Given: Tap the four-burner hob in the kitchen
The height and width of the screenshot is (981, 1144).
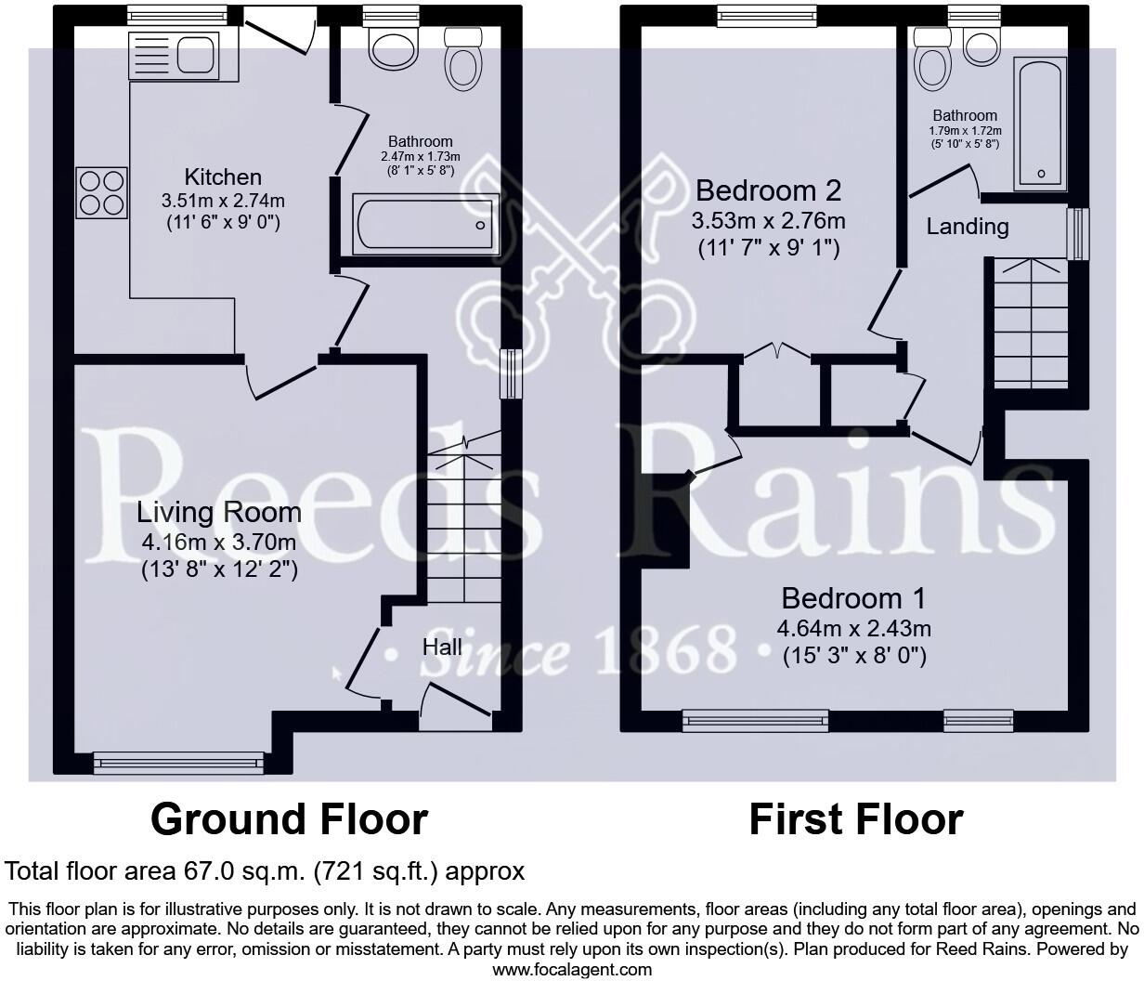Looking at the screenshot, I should (101, 191).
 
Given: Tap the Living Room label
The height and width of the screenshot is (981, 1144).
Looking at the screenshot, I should (219, 512).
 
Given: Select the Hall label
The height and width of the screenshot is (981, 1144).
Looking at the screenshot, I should (442, 647).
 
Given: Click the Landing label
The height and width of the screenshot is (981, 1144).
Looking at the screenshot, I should (967, 226).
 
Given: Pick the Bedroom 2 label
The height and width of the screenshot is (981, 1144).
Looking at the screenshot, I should (768, 190).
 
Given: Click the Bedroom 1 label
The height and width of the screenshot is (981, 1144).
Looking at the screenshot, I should (853, 597).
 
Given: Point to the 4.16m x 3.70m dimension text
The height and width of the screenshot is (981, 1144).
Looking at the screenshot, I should (219, 543).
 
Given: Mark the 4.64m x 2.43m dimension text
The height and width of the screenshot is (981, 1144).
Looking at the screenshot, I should (853, 628).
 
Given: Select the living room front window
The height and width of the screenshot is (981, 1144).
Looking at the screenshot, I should (178, 763).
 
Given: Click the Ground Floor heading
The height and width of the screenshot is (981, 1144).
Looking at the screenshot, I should (289, 819).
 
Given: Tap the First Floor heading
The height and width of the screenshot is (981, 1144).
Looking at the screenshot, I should (855, 819).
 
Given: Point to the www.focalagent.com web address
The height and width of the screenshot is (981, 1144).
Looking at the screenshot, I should (571, 970).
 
